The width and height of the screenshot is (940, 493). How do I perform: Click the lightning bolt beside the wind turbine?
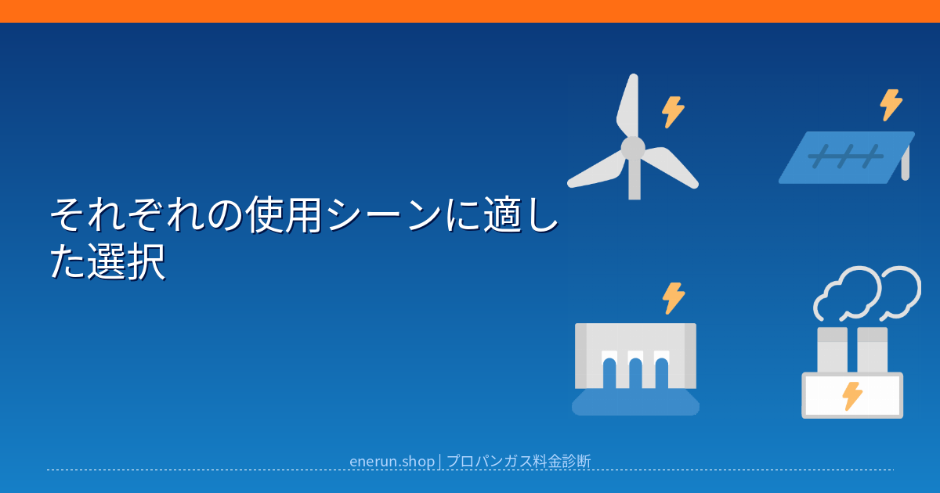coord(673,112)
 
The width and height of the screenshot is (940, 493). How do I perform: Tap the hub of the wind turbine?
coord(633,148)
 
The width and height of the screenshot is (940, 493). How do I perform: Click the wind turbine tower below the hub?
coord(634,179)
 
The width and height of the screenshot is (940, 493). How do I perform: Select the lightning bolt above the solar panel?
coord(891,105)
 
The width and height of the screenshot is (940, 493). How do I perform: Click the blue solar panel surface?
coord(845,157)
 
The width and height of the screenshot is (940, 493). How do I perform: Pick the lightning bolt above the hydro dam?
coord(674,298)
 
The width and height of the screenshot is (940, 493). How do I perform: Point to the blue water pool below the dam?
coord(635,402)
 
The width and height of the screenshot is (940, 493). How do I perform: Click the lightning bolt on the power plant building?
coord(852,396)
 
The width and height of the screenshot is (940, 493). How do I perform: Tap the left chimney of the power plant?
coord(833,350)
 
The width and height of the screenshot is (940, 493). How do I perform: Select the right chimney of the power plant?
coord(872,350)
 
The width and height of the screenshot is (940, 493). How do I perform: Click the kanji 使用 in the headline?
coord(284,215)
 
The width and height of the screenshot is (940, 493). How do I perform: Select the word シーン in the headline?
coord(384,215)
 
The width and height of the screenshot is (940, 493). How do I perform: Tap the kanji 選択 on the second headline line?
coord(126,262)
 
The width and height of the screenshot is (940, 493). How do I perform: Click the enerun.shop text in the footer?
coord(392,461)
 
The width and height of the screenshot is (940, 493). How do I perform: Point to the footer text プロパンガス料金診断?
coord(519,461)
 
